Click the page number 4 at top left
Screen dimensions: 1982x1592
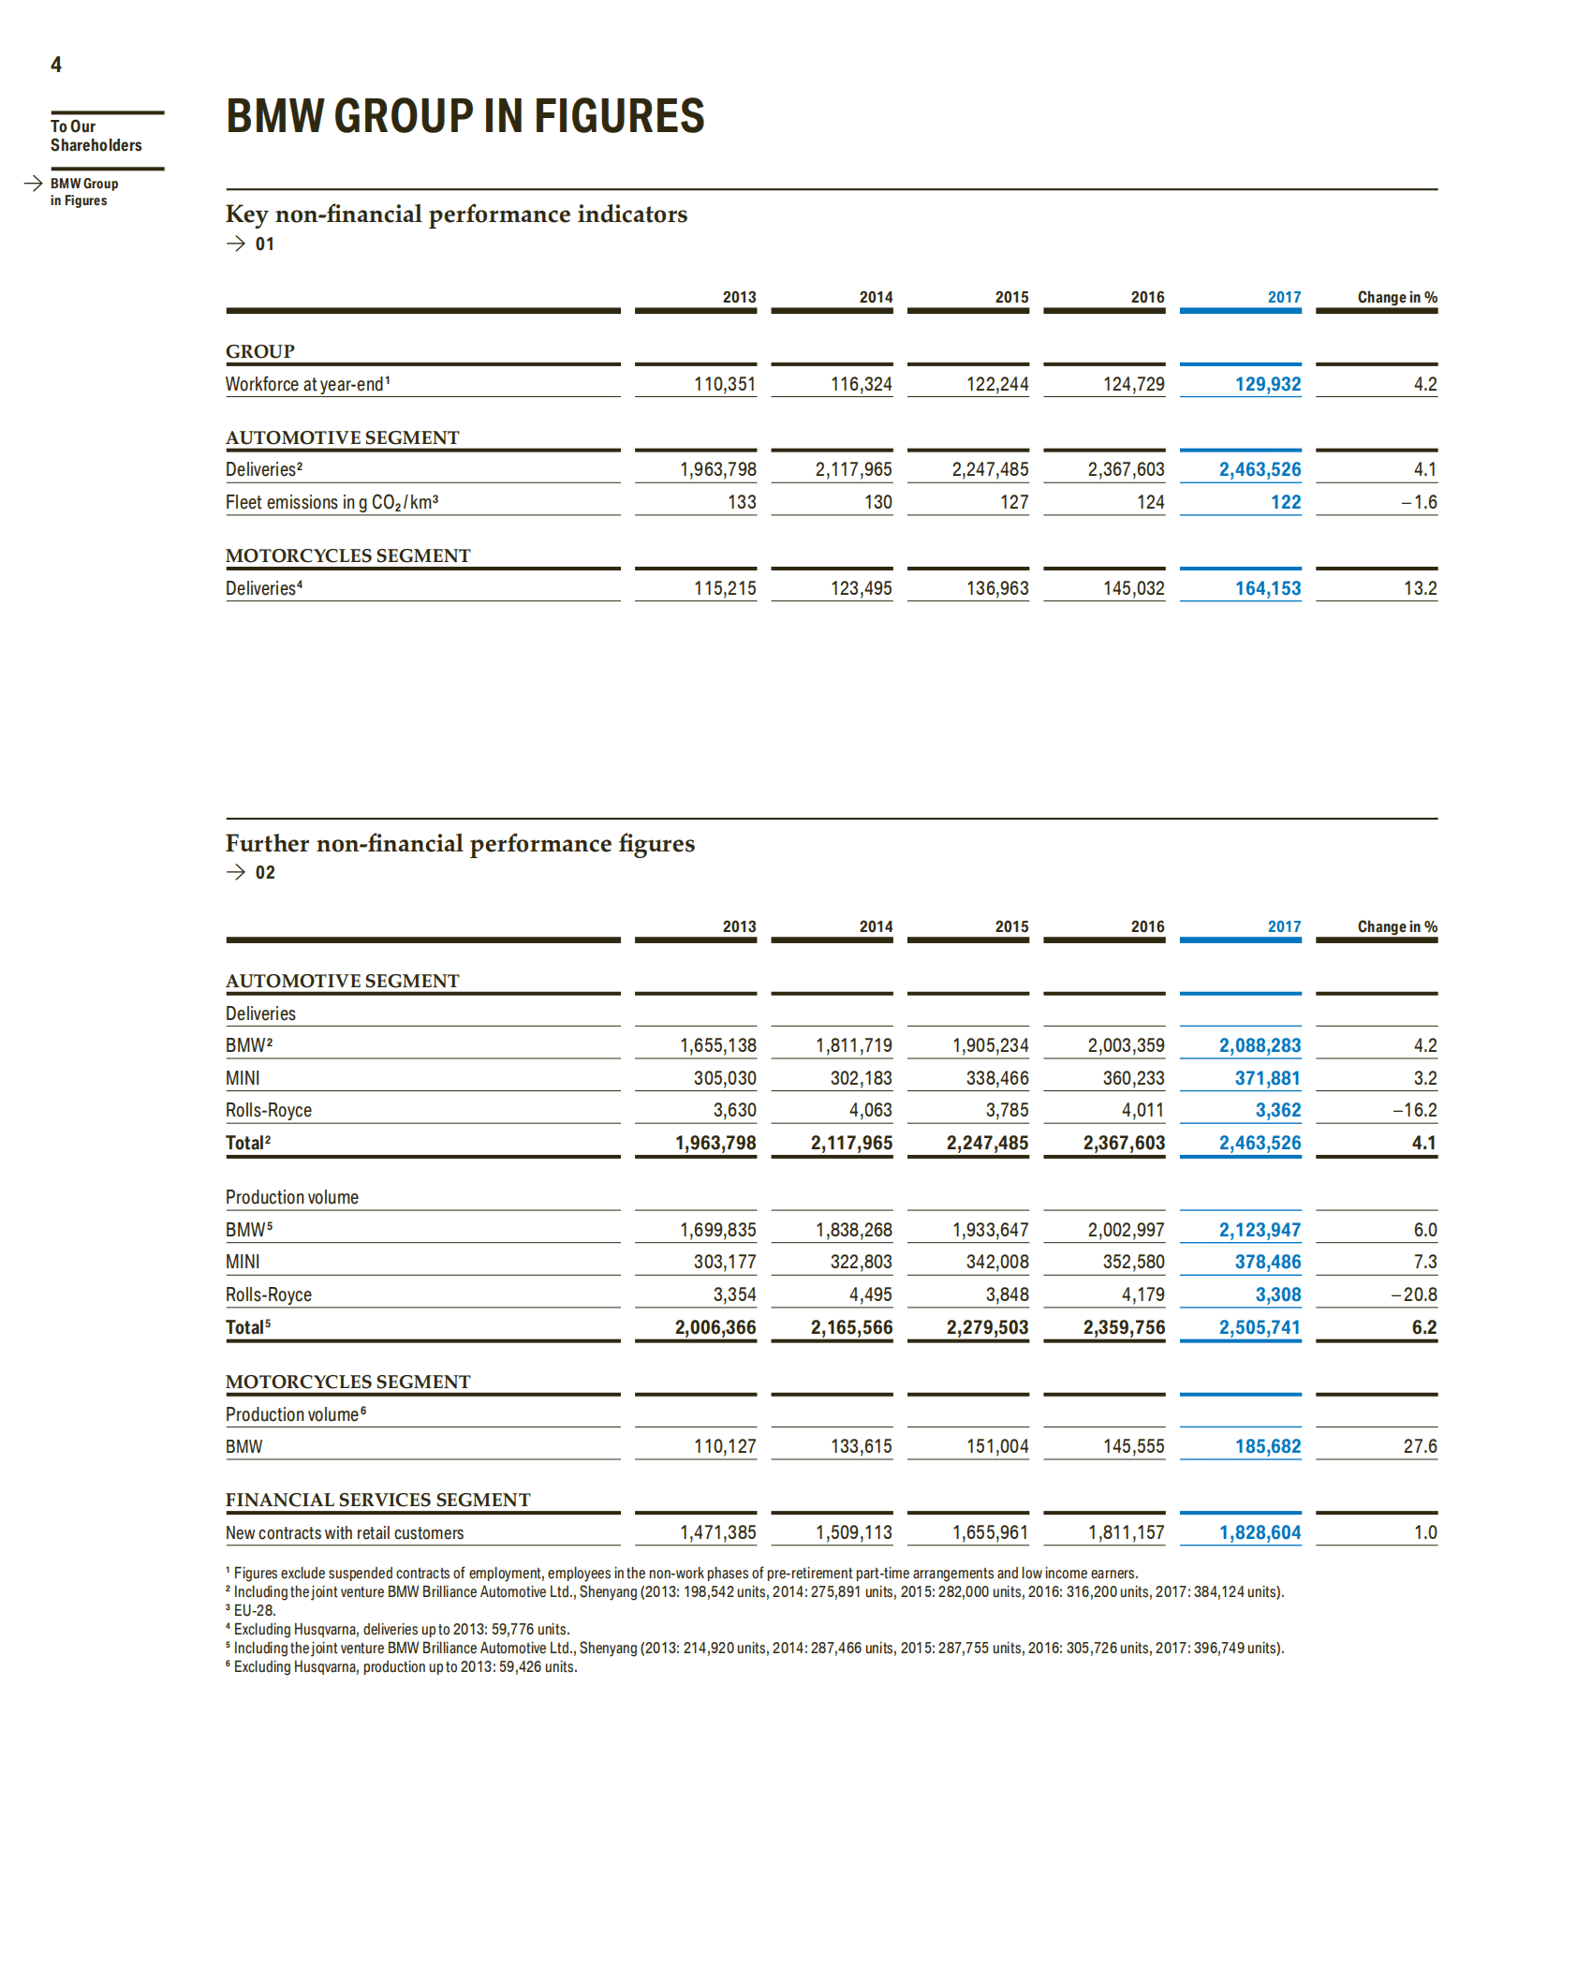pyautogui.click(x=56, y=65)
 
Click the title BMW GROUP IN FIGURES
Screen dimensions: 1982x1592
pyautogui.click(x=464, y=117)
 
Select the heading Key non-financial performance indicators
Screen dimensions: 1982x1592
pyautogui.click(x=456, y=214)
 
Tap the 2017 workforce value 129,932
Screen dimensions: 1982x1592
pyautogui.click(x=1267, y=384)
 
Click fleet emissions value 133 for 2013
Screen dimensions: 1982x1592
pyautogui.click(x=742, y=502)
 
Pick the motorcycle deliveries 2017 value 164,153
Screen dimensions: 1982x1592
pyautogui.click(x=1267, y=588)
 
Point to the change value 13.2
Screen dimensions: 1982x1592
pyautogui.click(x=1420, y=588)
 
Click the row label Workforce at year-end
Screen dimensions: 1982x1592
pyautogui.click(x=305, y=384)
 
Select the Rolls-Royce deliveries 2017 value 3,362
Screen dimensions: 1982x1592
pyautogui.click(x=1277, y=1110)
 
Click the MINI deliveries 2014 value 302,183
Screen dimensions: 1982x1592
pyautogui.click(x=861, y=1078)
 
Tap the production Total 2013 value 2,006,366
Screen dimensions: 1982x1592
pyautogui.click(x=715, y=1327)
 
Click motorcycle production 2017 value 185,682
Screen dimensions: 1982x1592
pyautogui.click(x=1267, y=1446)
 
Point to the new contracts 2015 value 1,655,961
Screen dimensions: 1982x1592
pyautogui.click(x=990, y=1532)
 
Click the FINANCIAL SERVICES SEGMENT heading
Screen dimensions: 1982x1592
pyautogui.click(x=377, y=1500)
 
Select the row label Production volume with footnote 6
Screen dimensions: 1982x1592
pyautogui.click(x=293, y=1414)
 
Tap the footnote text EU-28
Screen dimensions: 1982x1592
pyautogui.click(x=254, y=1610)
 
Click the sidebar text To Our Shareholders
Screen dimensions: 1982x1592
pyautogui.click(x=96, y=136)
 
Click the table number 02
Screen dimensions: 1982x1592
pyautogui.click(x=265, y=873)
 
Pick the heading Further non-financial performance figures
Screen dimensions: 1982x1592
pyautogui.click(x=460, y=844)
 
